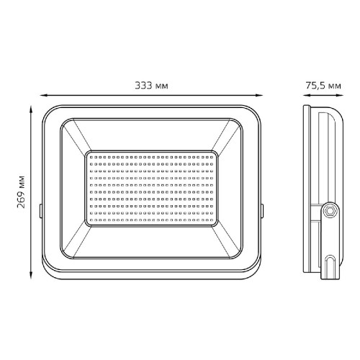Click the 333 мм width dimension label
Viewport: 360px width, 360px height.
(x=151, y=86)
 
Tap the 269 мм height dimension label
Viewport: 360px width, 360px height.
(x=22, y=192)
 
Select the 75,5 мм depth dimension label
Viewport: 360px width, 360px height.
(x=323, y=86)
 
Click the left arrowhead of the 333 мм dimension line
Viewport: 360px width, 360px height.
(x=43, y=95)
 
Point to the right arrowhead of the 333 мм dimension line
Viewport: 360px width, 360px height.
(x=259, y=95)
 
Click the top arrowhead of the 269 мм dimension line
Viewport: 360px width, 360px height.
(x=31, y=109)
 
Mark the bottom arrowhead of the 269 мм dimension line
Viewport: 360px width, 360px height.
(x=31, y=275)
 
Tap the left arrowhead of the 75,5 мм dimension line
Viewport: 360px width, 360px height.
(x=307, y=95)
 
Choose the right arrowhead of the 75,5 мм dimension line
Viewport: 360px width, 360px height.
(x=340, y=95)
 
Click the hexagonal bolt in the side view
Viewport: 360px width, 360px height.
(x=330, y=211)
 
